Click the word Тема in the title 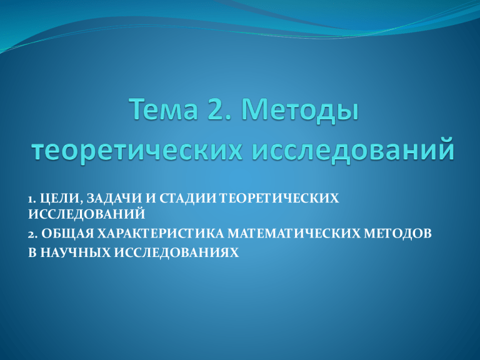click(165, 109)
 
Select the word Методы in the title click(301, 111)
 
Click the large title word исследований click(352, 149)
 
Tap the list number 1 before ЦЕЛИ click(30, 199)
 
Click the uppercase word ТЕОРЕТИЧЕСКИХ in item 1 click(279, 198)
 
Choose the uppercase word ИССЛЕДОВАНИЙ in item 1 click(87, 214)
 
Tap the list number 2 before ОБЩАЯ click(32, 234)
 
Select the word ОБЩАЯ click(67, 234)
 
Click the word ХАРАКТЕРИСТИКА click(161, 234)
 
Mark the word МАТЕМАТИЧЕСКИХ click(294, 234)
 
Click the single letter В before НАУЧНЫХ click(32, 252)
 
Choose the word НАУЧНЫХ click(75, 252)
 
